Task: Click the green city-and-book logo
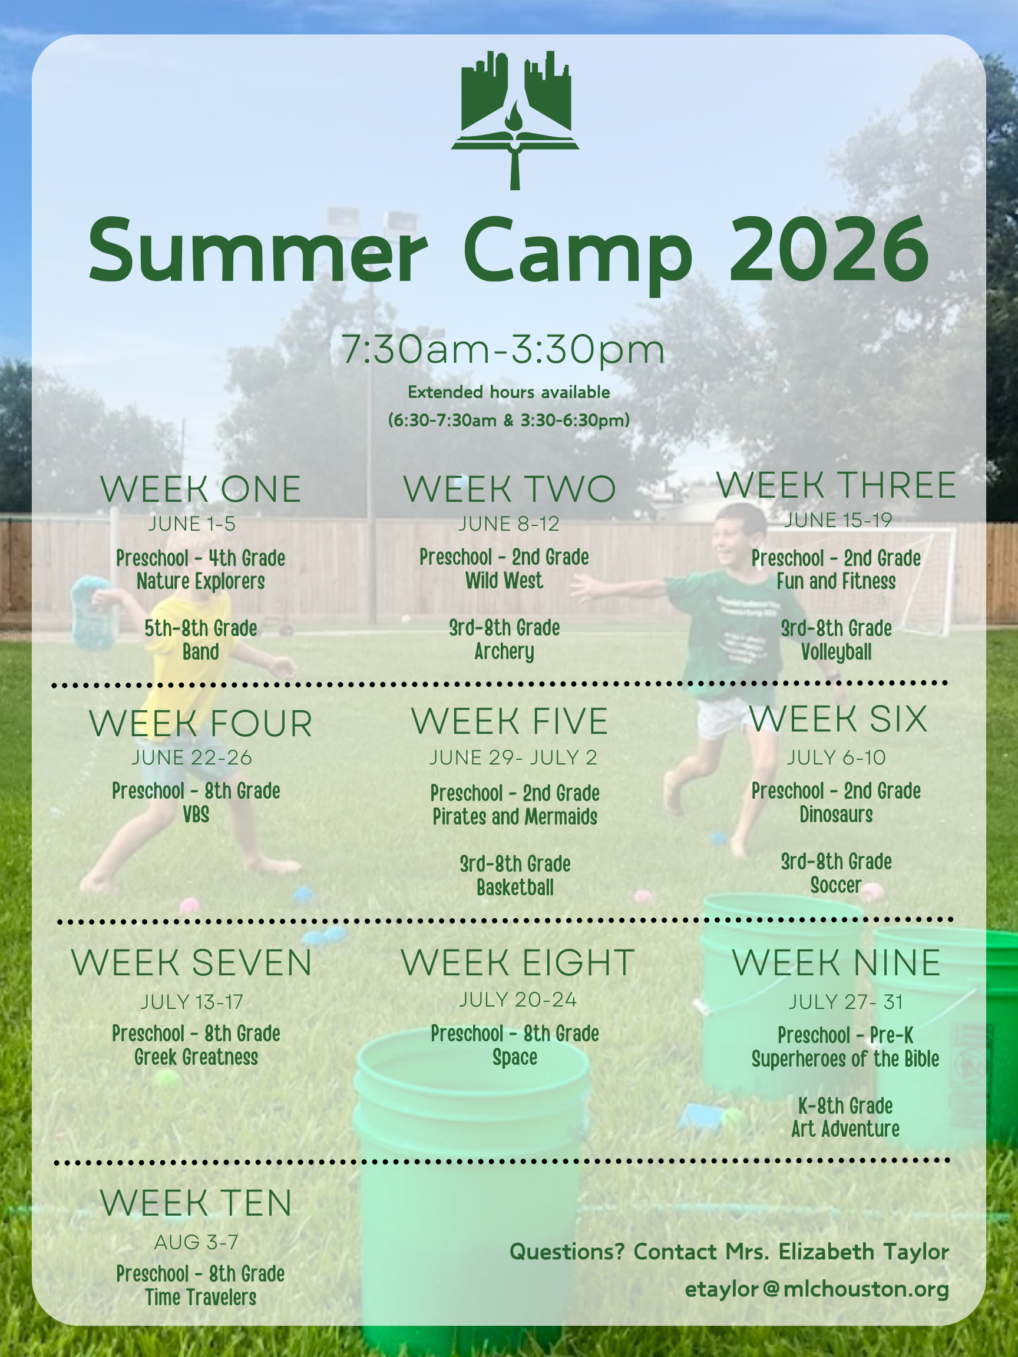coord(515,120)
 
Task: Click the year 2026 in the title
coord(828,250)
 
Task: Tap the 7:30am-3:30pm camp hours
coord(503,350)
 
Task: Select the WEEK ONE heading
coord(201,489)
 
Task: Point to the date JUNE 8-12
coord(508,524)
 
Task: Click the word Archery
coord(504,651)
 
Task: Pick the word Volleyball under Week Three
coord(837,652)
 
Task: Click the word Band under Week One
coord(201,651)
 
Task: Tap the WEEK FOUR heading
coord(201,724)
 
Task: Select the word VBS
coord(196,815)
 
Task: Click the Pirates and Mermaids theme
coord(515,817)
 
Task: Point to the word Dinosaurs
coord(837,815)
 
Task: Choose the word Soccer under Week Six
coord(836,885)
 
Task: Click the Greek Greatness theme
coord(196,1057)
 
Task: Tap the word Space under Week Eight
coord(515,1058)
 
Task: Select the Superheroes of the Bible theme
coord(845,1059)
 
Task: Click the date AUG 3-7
coord(196,1242)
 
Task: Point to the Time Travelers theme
coord(201,1297)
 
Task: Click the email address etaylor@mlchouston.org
coord(817,1289)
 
